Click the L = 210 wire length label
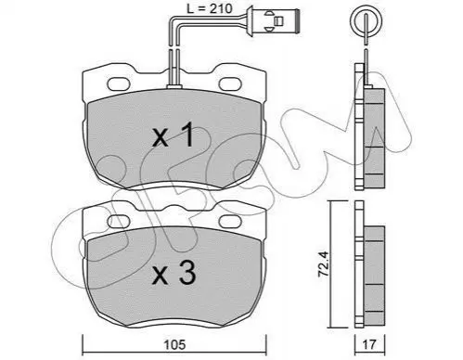(x=210, y=9)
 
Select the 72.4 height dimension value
(x=324, y=264)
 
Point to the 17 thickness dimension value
(x=369, y=344)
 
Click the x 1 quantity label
(x=173, y=135)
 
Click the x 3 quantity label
(x=174, y=272)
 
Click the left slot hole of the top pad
(x=119, y=84)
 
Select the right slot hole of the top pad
(x=230, y=84)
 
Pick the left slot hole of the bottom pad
(x=119, y=221)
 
